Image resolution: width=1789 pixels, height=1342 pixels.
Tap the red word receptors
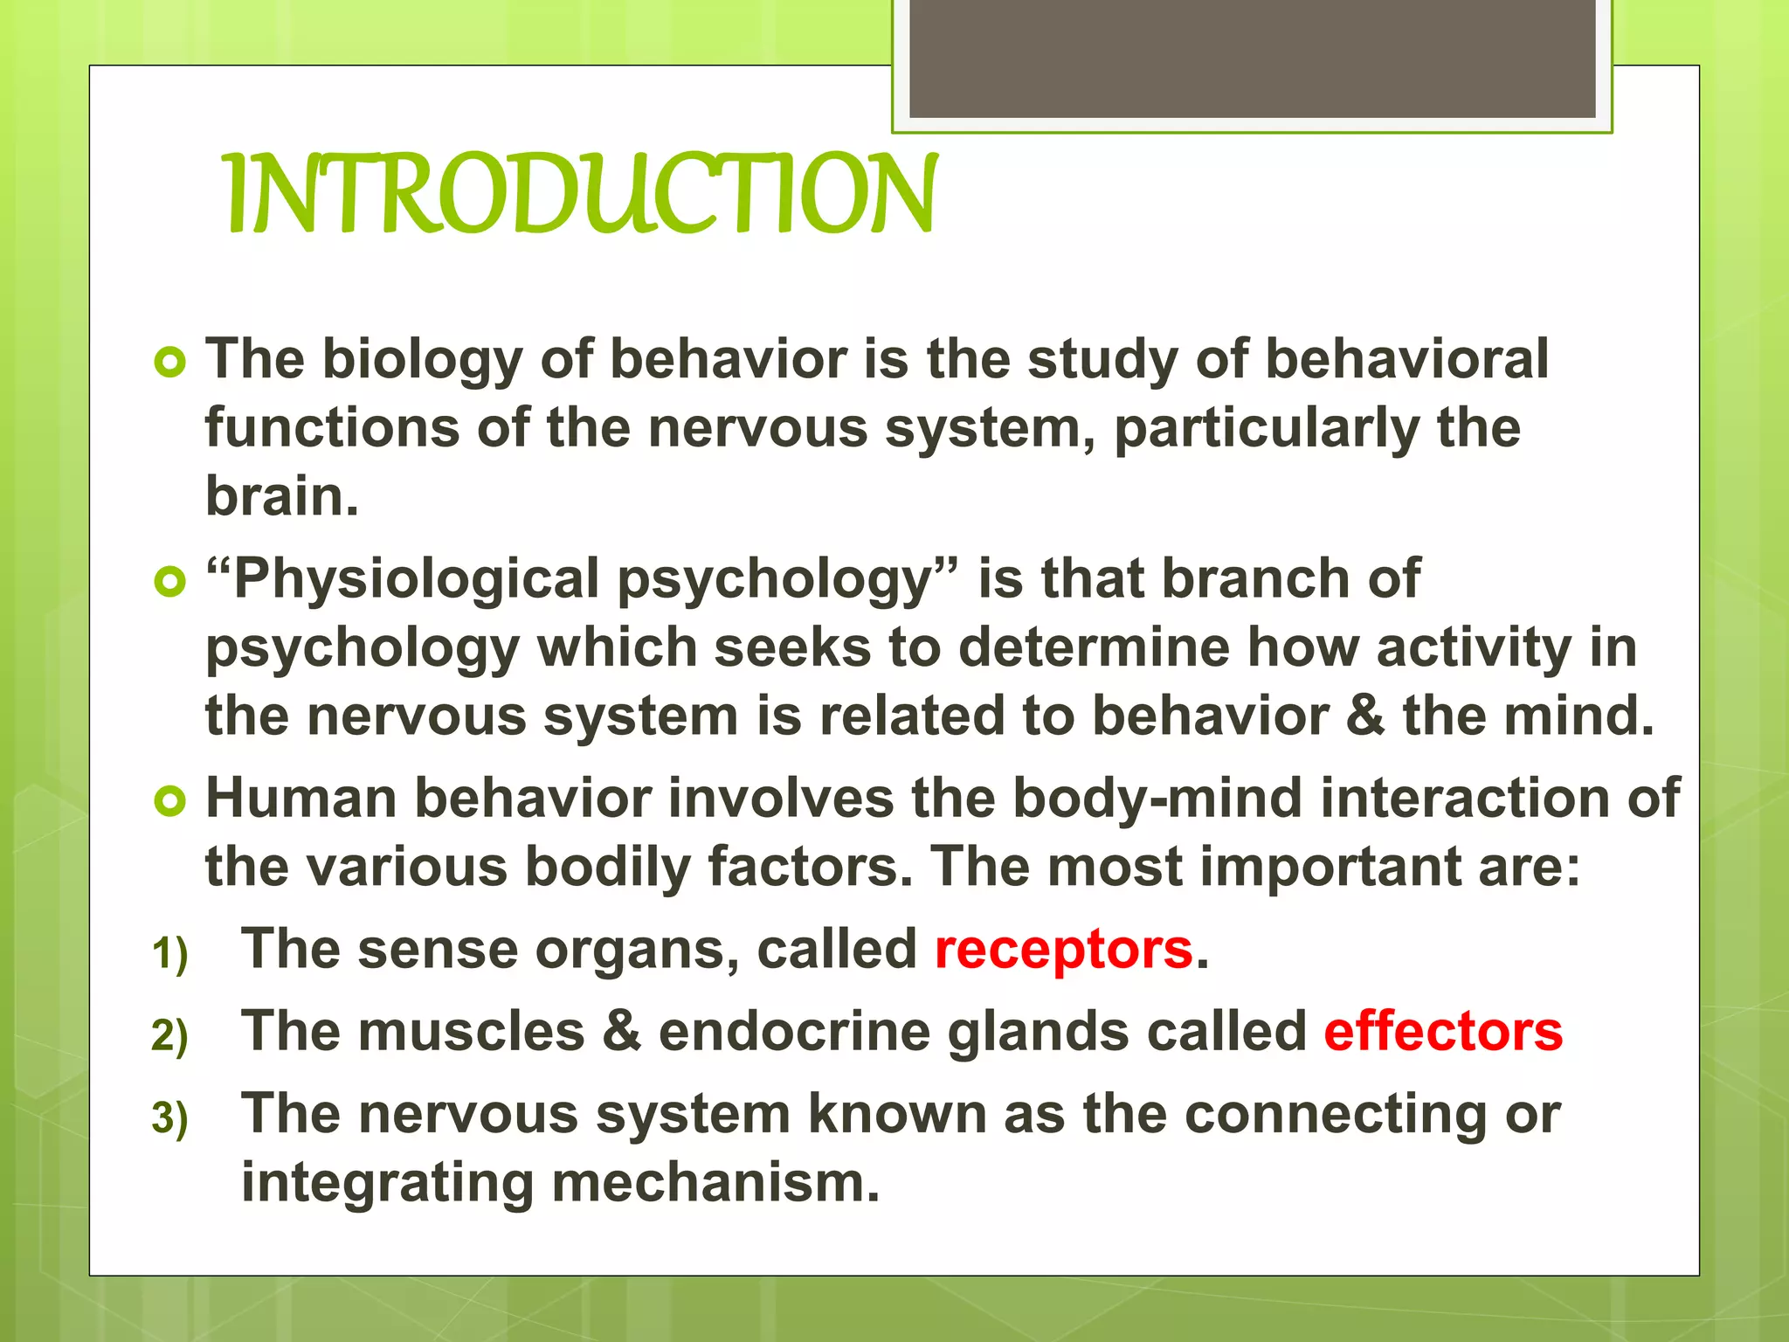(1063, 950)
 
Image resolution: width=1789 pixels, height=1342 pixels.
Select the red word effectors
(1442, 1032)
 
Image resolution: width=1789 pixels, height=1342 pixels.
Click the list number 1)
(169, 953)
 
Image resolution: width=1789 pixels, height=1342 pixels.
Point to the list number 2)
(169, 1035)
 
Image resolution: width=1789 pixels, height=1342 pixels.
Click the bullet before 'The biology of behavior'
(169, 362)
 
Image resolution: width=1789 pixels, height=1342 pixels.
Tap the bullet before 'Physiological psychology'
(169, 581)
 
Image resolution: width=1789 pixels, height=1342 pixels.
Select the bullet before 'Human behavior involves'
(169, 800)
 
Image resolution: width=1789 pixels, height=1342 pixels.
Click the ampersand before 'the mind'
(1365, 716)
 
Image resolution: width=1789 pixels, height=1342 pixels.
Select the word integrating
(387, 1184)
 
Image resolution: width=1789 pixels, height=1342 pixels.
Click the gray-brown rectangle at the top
(1252, 58)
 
